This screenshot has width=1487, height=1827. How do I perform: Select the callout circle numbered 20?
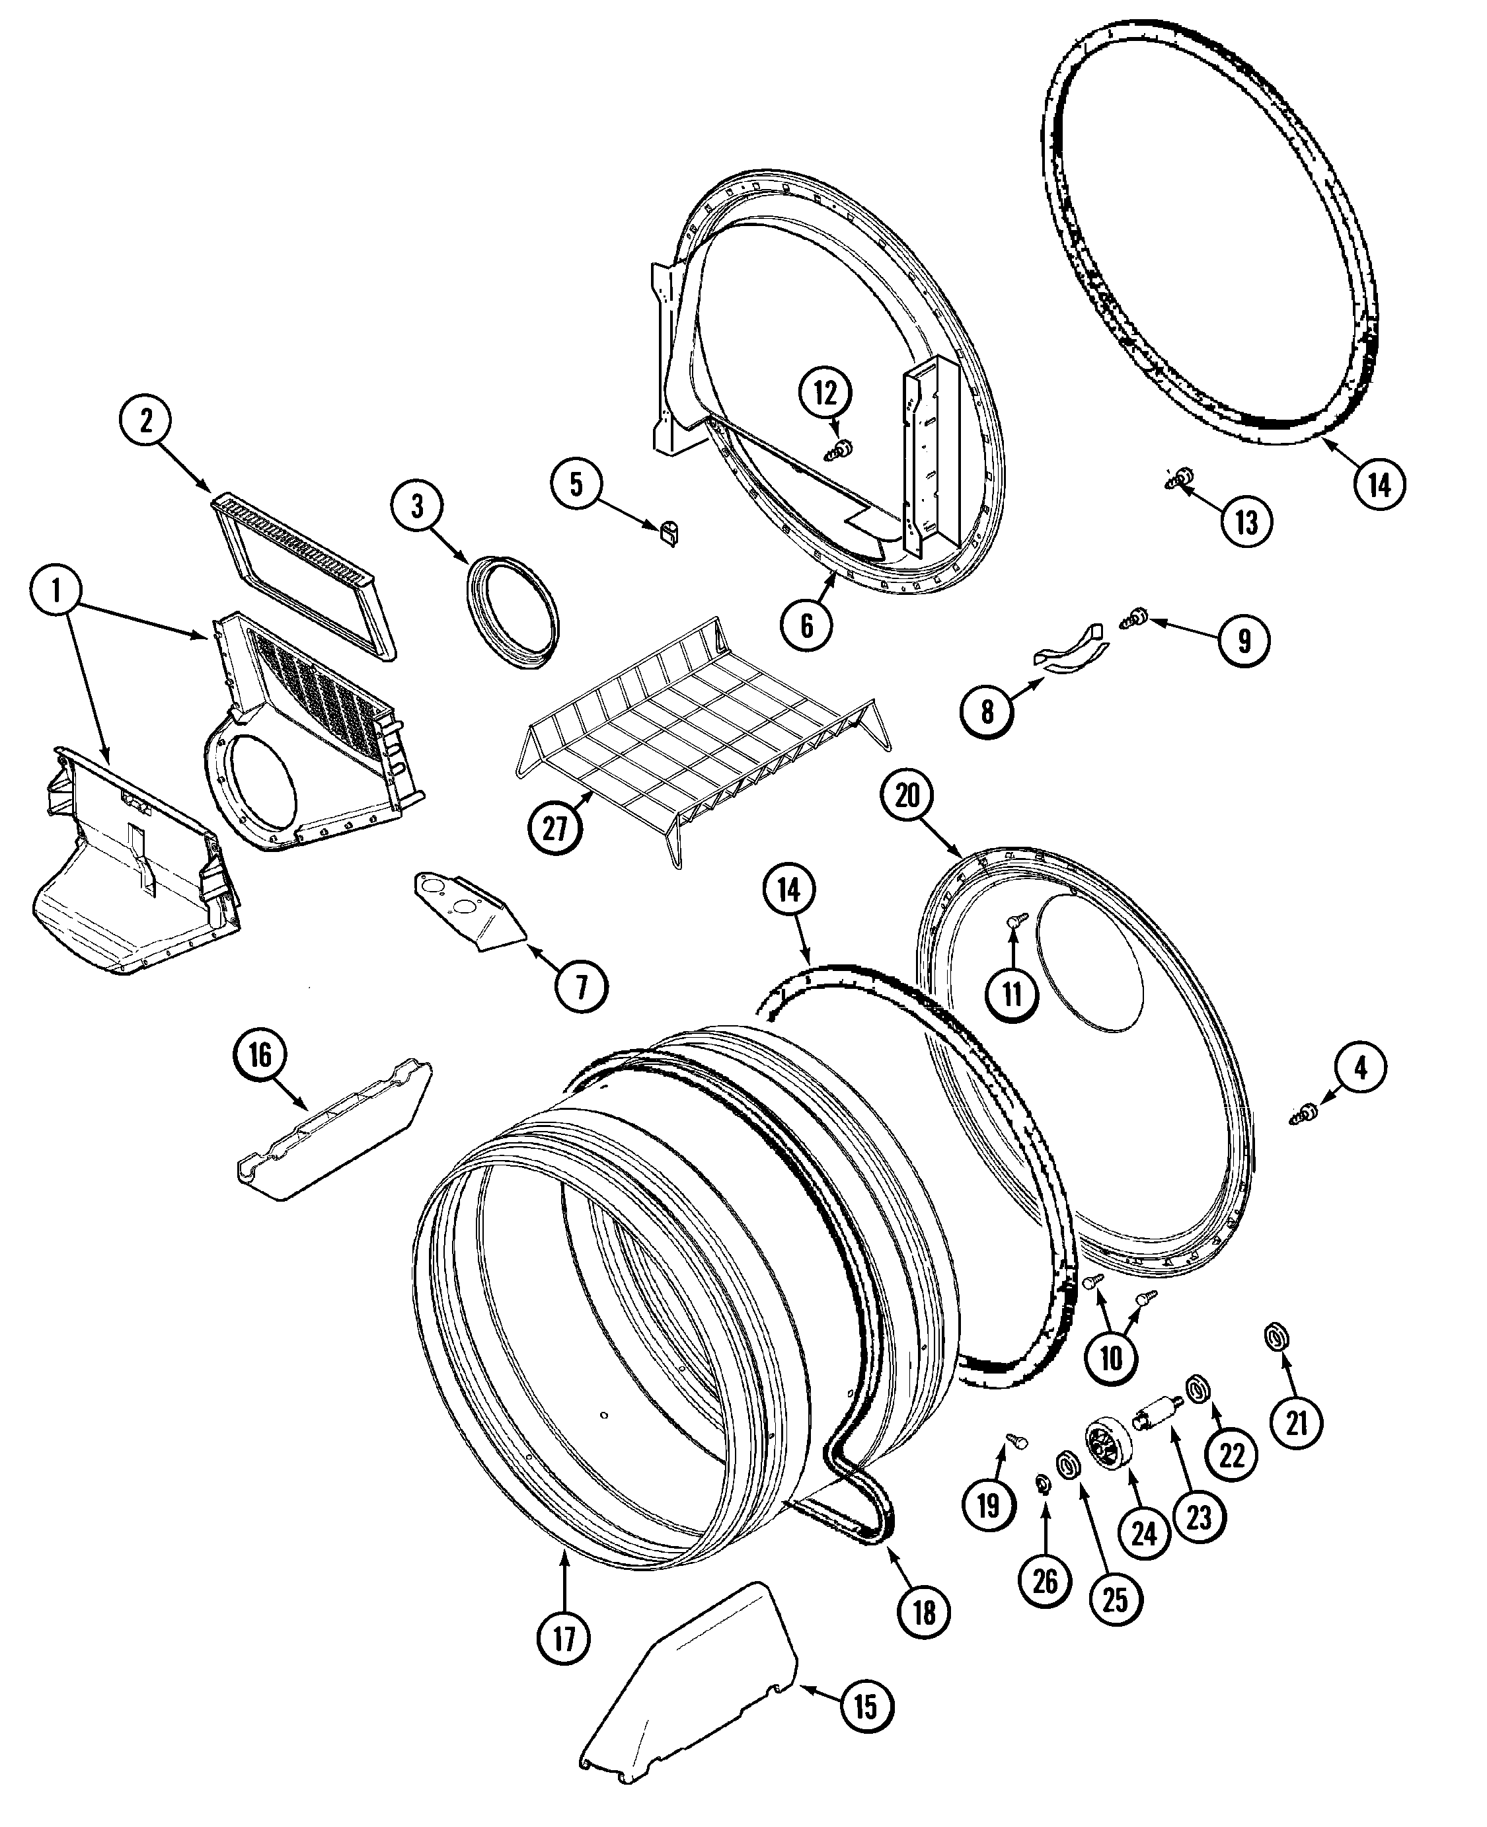pyautogui.click(x=907, y=795)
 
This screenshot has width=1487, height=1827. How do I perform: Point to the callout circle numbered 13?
pyautogui.click(x=1246, y=521)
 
